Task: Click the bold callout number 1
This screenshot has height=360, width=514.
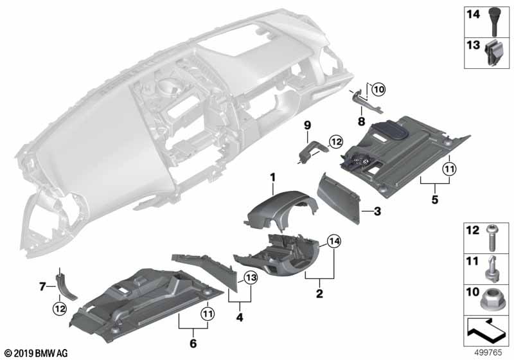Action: click(272, 177)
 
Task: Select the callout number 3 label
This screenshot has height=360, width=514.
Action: click(377, 212)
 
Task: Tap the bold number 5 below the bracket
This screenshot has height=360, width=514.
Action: click(435, 199)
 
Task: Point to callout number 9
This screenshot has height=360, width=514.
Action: click(307, 125)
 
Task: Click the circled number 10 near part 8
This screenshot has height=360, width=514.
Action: click(378, 89)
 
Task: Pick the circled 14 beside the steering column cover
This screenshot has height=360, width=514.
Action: click(334, 241)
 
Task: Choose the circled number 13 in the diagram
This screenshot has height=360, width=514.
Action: click(251, 278)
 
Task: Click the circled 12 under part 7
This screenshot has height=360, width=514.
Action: click(60, 309)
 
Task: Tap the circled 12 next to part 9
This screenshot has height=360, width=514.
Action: click(335, 142)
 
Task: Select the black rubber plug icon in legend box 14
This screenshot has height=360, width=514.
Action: click(494, 22)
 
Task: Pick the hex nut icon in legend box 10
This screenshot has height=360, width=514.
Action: click(491, 299)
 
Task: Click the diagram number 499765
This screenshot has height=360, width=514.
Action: click(488, 352)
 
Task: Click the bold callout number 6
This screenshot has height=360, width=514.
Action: click(193, 343)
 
